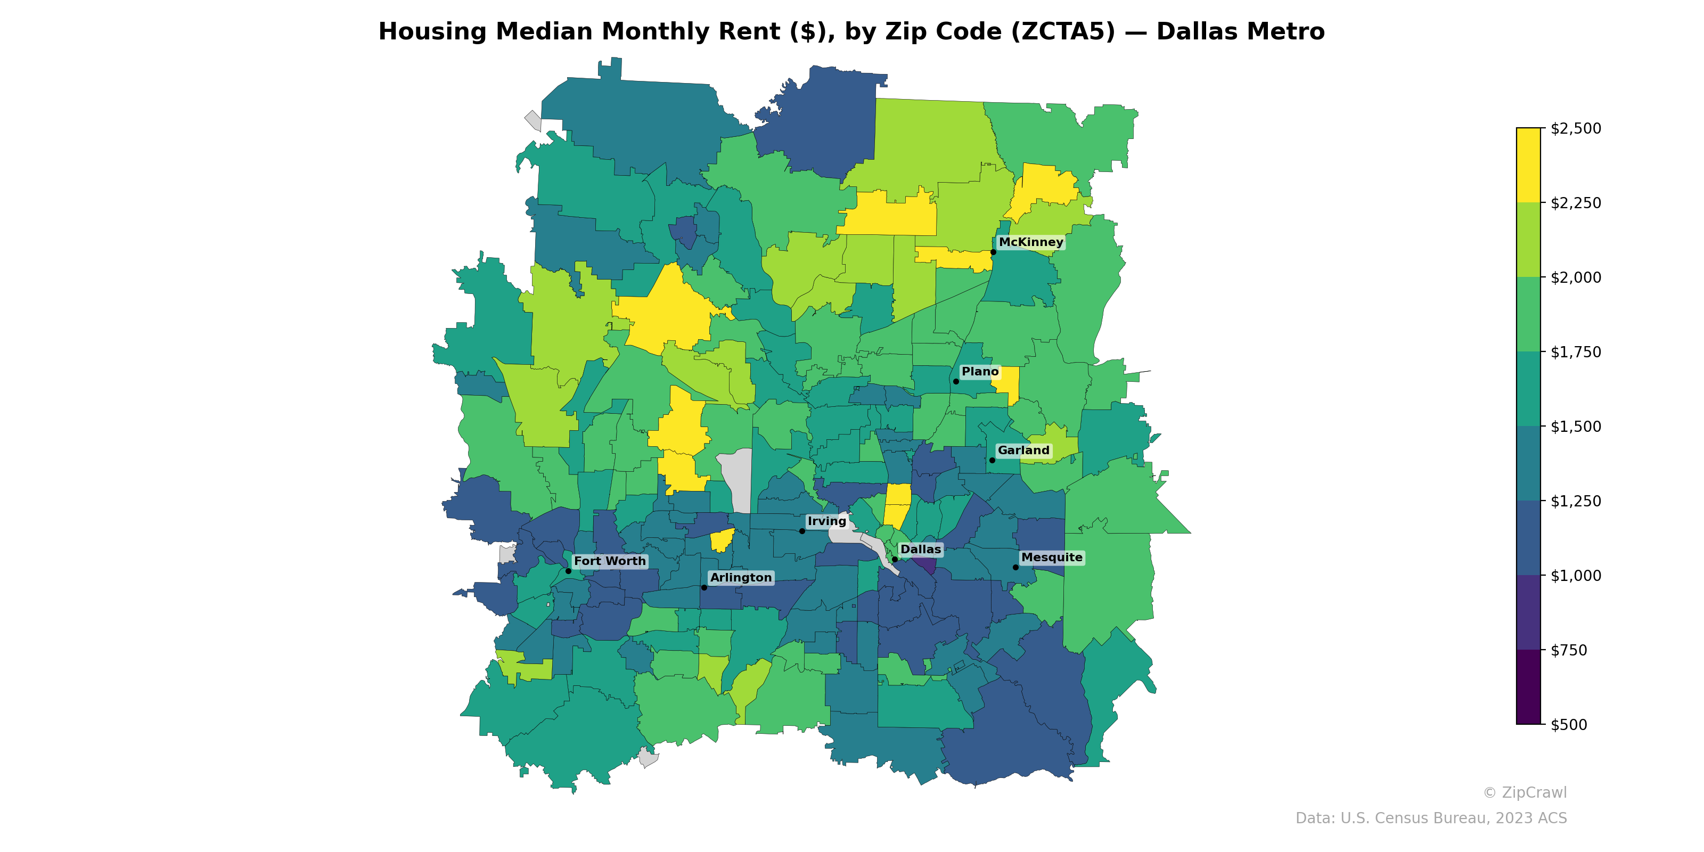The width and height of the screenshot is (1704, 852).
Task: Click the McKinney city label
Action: (x=1030, y=242)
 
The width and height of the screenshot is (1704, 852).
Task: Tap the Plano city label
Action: (x=980, y=372)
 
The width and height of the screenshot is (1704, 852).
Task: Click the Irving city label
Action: (x=827, y=521)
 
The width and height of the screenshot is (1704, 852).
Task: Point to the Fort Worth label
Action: (x=609, y=561)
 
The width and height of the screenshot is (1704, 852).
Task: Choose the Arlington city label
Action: (x=740, y=577)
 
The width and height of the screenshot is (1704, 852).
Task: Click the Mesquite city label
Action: (x=1051, y=558)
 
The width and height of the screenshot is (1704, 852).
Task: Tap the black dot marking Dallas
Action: (x=895, y=560)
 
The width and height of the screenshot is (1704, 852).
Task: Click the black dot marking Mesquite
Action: (x=1015, y=568)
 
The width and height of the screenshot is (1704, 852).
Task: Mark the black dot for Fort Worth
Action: (x=568, y=571)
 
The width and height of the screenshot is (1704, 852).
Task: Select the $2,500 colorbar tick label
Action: (x=1576, y=128)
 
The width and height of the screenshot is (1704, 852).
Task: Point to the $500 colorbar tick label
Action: (x=1568, y=724)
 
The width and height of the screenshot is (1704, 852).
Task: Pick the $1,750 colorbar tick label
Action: (x=1576, y=352)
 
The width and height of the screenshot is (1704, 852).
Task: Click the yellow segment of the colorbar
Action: (x=1528, y=166)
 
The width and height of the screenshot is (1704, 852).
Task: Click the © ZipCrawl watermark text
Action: (x=1525, y=792)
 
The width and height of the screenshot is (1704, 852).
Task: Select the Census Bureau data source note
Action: (x=1431, y=818)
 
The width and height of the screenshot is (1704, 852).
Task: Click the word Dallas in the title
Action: (x=1190, y=32)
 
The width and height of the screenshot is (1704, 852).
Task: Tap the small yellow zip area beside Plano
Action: (x=1007, y=383)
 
